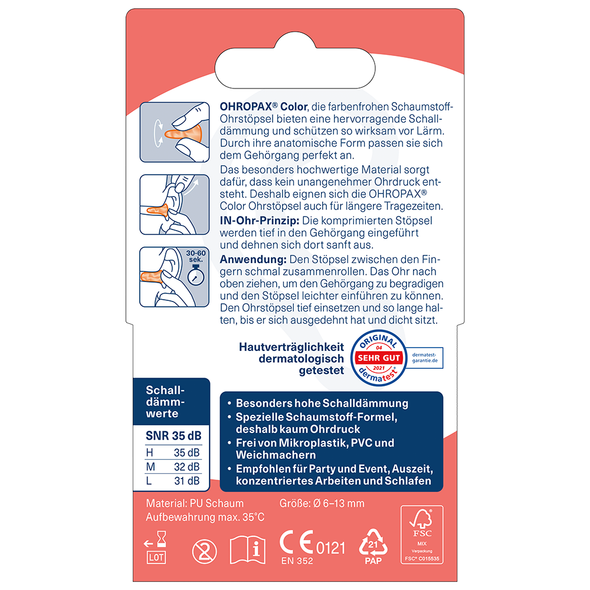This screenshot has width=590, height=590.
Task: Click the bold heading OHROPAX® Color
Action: click(x=264, y=106)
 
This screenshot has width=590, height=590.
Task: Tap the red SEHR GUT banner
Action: click(x=379, y=358)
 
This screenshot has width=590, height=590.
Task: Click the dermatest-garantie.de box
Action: click(x=425, y=358)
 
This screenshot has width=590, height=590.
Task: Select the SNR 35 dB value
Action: click(x=173, y=436)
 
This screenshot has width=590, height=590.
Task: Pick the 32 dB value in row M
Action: click(x=186, y=467)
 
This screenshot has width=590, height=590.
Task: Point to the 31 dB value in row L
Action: click(x=186, y=480)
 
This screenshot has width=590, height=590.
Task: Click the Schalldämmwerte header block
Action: click(x=171, y=402)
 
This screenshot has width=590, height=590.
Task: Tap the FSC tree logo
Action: click(x=421, y=519)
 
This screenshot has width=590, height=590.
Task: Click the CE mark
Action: click(x=297, y=542)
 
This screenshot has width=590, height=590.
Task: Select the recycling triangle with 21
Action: click(x=373, y=542)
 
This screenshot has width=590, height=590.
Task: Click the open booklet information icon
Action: click(x=247, y=550)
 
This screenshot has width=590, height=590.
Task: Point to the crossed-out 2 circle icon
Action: click(x=204, y=552)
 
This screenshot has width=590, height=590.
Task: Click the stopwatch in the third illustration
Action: click(x=196, y=276)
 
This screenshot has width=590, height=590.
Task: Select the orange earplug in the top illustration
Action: click(x=183, y=135)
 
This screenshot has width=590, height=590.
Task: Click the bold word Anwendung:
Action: click(x=253, y=259)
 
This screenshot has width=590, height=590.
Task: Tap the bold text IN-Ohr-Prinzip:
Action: click(x=260, y=221)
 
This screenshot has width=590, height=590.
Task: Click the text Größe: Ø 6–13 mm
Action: click(x=322, y=503)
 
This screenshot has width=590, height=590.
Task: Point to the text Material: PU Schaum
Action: click(x=195, y=503)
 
